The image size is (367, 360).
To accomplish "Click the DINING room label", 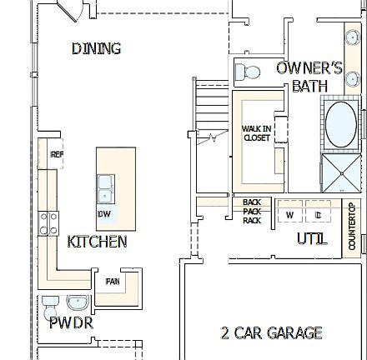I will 96,48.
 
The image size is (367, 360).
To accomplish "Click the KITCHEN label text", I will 98,242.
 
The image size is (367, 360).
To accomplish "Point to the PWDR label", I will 71,322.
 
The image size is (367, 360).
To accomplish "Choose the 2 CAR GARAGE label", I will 271,333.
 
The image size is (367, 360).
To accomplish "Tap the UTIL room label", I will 312,239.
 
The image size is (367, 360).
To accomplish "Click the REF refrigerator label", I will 57,155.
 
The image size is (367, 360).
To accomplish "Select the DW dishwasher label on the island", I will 104,213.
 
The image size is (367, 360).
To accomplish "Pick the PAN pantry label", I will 113,282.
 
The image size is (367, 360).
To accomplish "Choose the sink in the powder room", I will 80,301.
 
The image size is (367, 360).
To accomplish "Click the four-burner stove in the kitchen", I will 49,222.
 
